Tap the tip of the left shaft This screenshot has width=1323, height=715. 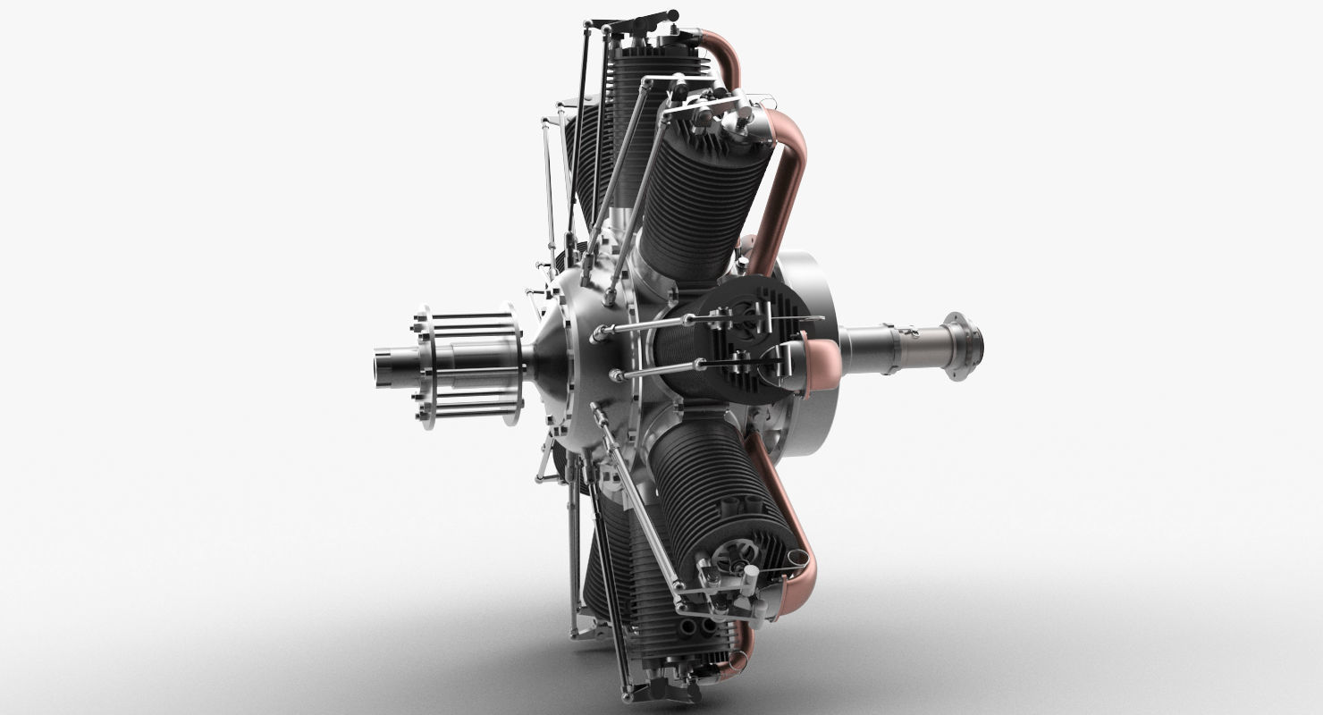[384, 367]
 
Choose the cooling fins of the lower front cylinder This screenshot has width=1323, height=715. [706, 483]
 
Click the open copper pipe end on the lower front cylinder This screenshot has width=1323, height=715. [798, 560]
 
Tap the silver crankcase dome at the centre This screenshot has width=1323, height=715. [572, 357]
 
